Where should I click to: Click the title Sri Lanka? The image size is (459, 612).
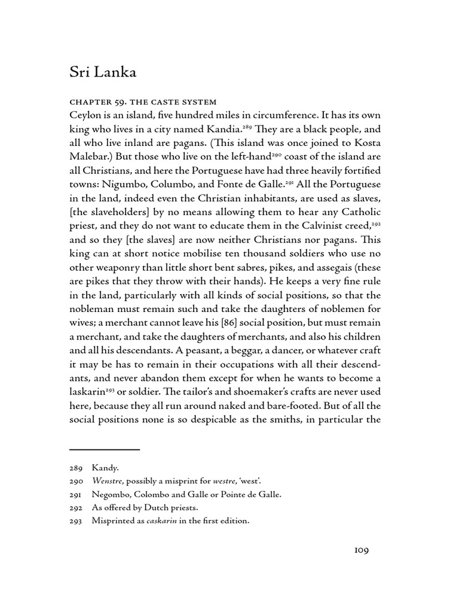103,73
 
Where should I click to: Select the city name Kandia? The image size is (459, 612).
224,130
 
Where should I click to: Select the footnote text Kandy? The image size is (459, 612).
105,468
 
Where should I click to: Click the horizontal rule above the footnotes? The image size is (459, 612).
105,449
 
